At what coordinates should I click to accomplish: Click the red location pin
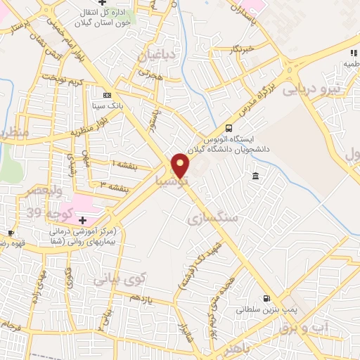[181, 165]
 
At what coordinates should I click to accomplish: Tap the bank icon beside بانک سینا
[106, 95]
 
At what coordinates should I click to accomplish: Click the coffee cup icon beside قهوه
[11, 233]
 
